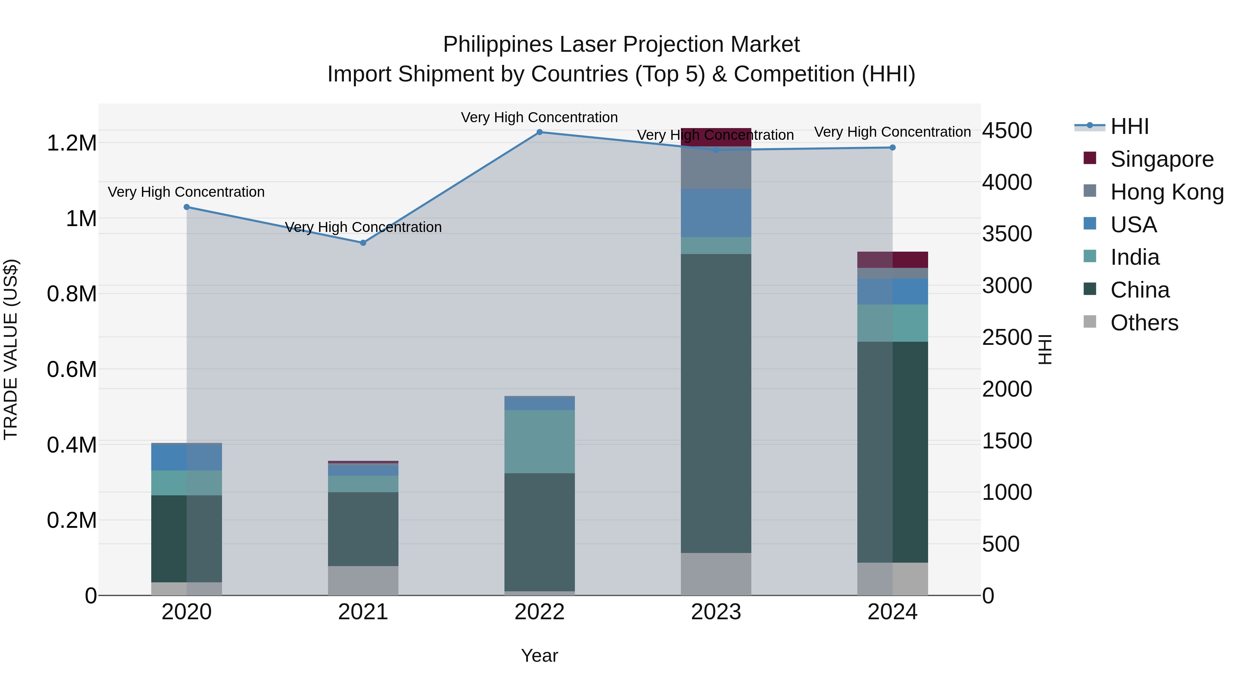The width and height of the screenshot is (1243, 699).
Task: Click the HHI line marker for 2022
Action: point(539,132)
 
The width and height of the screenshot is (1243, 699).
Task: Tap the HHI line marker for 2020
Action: point(187,207)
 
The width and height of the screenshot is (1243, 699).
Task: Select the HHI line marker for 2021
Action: point(363,243)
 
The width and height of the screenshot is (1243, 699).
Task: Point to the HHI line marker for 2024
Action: point(892,148)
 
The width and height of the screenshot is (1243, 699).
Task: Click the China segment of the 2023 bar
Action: point(716,403)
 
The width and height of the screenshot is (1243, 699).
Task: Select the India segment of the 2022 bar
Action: point(539,441)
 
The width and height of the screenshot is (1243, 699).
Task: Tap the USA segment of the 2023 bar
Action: point(716,213)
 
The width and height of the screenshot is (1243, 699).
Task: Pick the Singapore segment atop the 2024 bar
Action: point(892,260)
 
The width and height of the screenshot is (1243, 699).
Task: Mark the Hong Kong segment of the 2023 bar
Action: point(716,169)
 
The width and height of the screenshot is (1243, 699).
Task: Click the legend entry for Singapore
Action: point(1162,159)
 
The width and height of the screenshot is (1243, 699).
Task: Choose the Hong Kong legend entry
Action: point(1166,192)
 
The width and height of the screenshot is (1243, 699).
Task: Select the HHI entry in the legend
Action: point(1129,126)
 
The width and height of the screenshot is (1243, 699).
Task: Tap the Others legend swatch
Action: point(1090,322)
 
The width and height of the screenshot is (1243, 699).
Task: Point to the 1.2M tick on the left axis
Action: point(71,143)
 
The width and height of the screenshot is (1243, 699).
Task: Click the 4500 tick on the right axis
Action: point(1007,131)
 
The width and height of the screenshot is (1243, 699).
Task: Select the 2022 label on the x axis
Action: point(539,612)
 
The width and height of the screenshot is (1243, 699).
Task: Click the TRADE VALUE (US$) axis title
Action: point(11,349)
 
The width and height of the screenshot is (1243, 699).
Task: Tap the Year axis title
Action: point(539,656)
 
